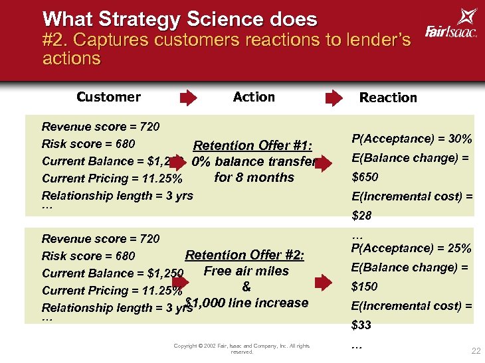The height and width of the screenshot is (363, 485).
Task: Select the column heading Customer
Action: pos(108,97)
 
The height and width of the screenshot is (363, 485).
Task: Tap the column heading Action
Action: pos(254,97)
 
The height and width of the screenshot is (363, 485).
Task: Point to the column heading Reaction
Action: pos(388,98)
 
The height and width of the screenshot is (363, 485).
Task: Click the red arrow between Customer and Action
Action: pos(189,98)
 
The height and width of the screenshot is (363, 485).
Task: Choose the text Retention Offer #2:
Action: pos(244,255)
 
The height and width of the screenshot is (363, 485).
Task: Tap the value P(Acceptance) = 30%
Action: pos(412,139)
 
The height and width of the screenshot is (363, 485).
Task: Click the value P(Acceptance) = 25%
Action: pos(412,248)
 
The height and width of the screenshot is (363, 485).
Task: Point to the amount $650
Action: pos(365,177)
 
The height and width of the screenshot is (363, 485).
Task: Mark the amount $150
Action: pos(365,287)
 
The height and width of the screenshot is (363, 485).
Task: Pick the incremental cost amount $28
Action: pos(361,216)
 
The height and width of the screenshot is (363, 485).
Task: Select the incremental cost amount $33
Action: pos(361,325)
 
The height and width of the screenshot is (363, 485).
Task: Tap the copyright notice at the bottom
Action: pos(241,348)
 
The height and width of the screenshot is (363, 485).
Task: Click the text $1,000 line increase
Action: pos(247,303)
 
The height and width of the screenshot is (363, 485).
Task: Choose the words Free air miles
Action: pos(246,271)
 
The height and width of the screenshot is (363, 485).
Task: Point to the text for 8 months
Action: pos(254,177)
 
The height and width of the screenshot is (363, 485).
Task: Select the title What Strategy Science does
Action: pos(179,19)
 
